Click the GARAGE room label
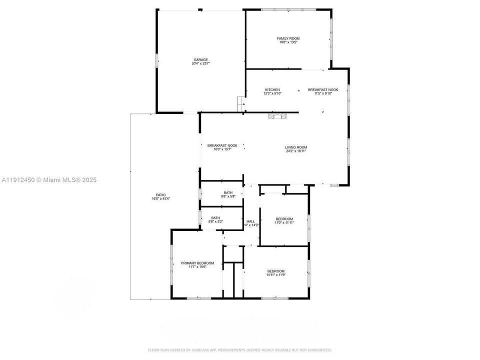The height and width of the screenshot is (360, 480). (200, 59)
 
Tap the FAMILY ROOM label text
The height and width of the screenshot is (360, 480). (288, 38)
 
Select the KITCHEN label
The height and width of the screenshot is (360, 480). (272, 89)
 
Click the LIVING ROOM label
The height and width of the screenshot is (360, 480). (295, 147)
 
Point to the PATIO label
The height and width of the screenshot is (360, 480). (160, 195)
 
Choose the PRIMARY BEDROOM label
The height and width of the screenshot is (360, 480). (197, 263)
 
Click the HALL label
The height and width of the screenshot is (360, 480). (250, 221)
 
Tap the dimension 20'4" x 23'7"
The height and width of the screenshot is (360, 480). (200, 63)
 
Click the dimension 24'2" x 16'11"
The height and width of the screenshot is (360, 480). (295, 151)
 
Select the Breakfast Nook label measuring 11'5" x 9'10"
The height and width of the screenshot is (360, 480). (322, 89)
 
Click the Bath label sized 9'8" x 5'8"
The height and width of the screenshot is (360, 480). (228, 192)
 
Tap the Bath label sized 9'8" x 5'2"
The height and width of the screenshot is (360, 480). (215, 217)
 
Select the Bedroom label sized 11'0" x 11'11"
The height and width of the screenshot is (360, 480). (284, 219)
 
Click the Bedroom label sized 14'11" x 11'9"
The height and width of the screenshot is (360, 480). (275, 271)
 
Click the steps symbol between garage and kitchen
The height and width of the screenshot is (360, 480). (241, 104)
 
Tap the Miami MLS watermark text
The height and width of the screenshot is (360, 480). (49, 179)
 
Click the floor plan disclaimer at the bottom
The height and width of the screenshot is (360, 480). (239, 350)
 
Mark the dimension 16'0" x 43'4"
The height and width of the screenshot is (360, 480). (160, 199)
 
